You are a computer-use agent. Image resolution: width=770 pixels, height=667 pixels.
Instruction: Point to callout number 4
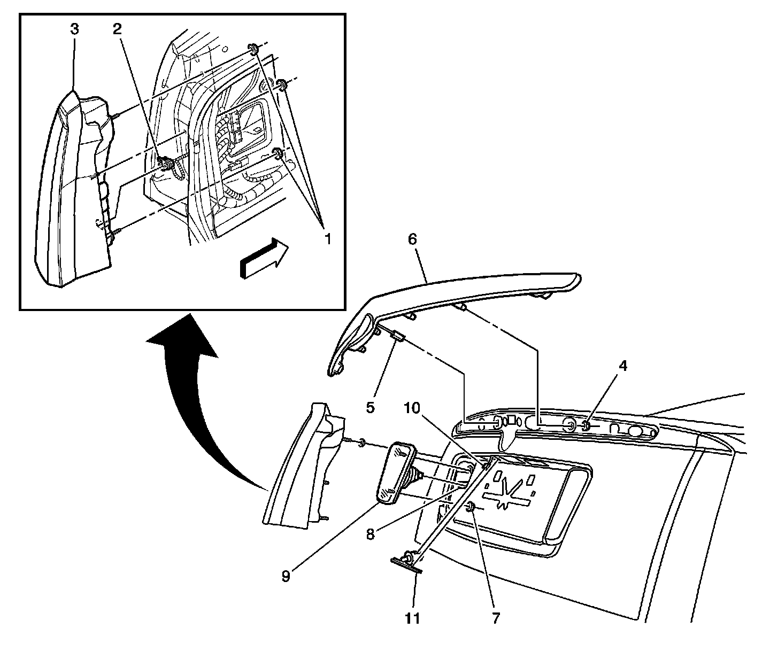[x=622, y=366]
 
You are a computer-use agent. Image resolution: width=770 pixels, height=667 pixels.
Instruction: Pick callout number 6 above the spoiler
[x=412, y=239]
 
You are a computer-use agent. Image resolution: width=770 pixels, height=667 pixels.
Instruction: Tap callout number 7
[x=496, y=618]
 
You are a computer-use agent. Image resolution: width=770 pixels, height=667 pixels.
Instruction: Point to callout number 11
[x=412, y=618]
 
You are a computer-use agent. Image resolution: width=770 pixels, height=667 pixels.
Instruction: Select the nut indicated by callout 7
[x=472, y=507]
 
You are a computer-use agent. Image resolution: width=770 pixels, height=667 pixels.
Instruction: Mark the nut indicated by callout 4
[x=586, y=426]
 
